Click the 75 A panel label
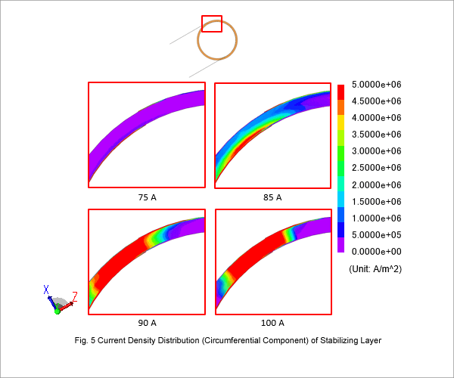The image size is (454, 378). [x=147, y=197]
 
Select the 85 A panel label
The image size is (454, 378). [x=272, y=197]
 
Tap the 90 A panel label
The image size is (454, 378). [x=147, y=323]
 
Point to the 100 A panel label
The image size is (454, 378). [x=272, y=323]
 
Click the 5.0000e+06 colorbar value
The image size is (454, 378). [x=376, y=85]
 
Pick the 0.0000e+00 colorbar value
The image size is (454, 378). [x=376, y=251]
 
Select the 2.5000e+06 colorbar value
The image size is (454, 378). [x=376, y=168]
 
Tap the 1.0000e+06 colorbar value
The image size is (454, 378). [x=376, y=218]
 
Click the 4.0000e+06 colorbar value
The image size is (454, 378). [x=376, y=118]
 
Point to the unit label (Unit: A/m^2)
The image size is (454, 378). [x=375, y=269]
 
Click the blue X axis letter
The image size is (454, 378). [x=46, y=290]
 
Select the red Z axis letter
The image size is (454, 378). [x=75, y=297]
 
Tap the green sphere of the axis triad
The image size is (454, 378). [x=58, y=311]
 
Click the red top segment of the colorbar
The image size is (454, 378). [x=340, y=92]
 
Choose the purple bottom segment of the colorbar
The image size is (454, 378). [x=340, y=245]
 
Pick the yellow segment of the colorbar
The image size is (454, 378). [x=340, y=122]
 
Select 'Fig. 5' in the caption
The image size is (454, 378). [x=85, y=340]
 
